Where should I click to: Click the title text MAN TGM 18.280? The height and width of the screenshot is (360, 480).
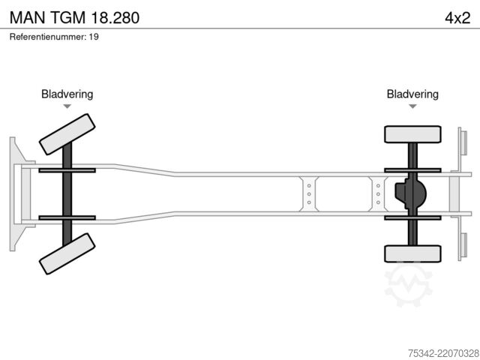point(74,17)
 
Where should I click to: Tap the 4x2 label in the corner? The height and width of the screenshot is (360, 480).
point(457,18)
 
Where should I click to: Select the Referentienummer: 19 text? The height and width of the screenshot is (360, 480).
point(54,37)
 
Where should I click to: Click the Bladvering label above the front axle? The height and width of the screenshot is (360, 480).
point(67,94)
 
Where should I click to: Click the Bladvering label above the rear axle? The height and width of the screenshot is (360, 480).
point(412,94)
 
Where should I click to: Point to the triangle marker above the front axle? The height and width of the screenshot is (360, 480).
point(67,106)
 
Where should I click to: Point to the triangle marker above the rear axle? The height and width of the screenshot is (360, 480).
point(412,106)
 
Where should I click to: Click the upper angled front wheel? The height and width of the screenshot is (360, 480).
point(67,134)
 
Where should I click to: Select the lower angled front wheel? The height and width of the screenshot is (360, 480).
point(67,253)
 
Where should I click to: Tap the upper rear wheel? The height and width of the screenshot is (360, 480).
point(412,134)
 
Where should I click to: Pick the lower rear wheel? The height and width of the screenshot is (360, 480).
point(412,253)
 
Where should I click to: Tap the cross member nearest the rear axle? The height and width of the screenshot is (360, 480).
point(378,194)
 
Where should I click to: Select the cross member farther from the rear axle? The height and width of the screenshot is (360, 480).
point(309,194)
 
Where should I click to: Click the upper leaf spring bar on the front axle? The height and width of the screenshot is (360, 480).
point(67,170)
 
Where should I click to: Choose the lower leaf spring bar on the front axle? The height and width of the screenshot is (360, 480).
point(67,217)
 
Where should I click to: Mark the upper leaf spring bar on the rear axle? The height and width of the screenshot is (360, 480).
point(412,170)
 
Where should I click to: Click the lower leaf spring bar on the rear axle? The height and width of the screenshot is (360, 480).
point(412,218)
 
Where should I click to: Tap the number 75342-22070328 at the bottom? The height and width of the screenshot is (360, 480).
point(443,353)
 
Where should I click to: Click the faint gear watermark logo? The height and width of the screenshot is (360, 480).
point(408,285)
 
